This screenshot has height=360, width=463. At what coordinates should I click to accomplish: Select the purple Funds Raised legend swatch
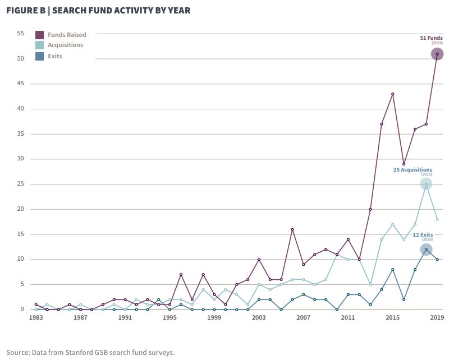[40, 35]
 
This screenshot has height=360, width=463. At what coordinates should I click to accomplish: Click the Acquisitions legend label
[65, 45]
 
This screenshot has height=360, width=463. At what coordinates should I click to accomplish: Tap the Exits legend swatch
[40, 56]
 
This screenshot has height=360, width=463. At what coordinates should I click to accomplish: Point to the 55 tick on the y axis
[20, 34]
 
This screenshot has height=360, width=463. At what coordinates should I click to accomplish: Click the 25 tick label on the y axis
[20, 184]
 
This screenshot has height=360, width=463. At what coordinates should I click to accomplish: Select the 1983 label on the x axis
[36, 317]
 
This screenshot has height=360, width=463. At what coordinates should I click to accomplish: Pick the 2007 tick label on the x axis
[303, 317]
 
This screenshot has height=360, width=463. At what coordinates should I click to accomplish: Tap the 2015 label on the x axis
[392, 317]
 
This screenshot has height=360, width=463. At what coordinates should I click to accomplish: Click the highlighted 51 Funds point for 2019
[437, 54]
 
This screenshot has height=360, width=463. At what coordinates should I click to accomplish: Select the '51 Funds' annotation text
[431, 38]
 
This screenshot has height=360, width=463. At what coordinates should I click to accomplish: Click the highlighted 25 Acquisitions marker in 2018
[426, 184]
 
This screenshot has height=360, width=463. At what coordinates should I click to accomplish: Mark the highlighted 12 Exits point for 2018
[426, 250]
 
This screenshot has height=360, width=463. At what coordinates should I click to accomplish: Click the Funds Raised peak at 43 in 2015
[393, 94]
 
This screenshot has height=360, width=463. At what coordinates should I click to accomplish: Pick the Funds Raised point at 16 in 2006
[292, 229]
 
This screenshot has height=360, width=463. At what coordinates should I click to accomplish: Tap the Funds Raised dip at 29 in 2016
[404, 164]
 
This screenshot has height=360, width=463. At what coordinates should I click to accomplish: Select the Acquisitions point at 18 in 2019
[437, 219]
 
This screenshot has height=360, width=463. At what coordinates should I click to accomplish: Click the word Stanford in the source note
[86, 352]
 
